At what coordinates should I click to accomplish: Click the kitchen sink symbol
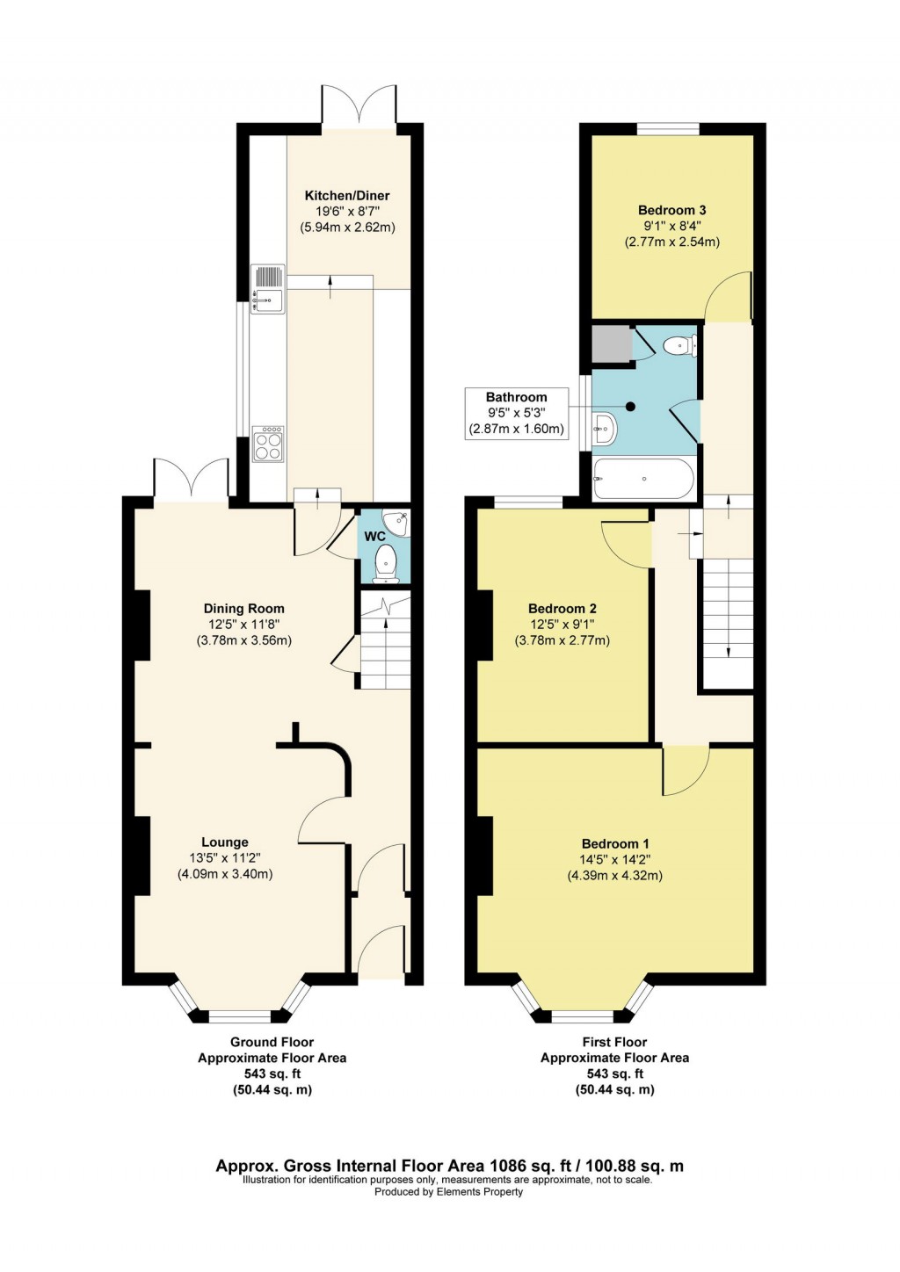[x=267, y=289]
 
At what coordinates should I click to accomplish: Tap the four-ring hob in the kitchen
[x=268, y=444]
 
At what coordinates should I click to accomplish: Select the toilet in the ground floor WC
[x=385, y=563]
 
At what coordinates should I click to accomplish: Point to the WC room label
[x=374, y=537]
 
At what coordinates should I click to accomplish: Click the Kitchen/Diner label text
[x=347, y=196]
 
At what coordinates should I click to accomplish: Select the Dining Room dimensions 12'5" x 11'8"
[x=243, y=625]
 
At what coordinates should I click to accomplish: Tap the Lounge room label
[x=225, y=842]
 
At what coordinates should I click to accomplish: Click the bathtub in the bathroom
[x=643, y=480]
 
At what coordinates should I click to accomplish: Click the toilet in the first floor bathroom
[x=679, y=345]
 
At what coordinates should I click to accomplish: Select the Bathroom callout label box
[x=516, y=414]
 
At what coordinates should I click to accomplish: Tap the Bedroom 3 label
[x=671, y=210]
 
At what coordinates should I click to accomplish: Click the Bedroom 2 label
[x=562, y=609]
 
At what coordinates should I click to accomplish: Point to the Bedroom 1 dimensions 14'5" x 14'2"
[x=615, y=860]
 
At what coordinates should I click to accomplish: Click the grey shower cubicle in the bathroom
[x=611, y=344]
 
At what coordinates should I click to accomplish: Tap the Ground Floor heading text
[x=272, y=1042]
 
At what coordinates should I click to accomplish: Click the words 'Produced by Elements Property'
[x=448, y=1192]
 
